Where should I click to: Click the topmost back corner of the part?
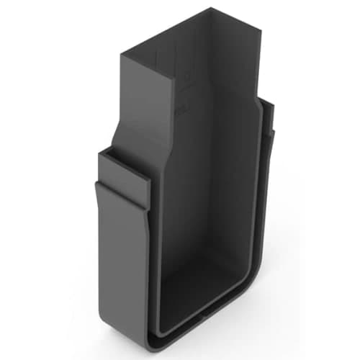(214, 8)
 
